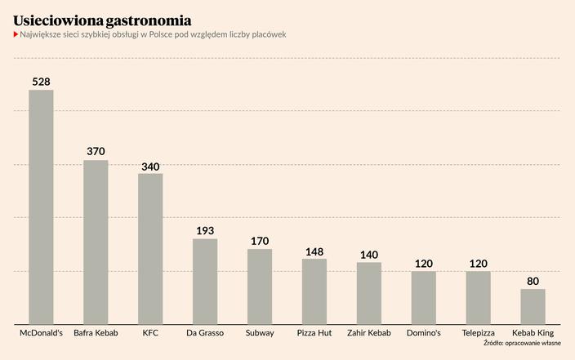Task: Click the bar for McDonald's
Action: point(41,207)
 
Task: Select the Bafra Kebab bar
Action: point(96,242)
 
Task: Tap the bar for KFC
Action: point(150,248)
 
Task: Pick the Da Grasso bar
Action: point(205,281)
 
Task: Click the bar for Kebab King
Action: point(533,306)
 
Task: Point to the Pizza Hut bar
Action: point(314,291)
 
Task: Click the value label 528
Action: point(41,82)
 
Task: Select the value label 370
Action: point(96,152)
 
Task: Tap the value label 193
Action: point(205,230)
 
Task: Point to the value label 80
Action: point(533,281)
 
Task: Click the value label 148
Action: point(314,251)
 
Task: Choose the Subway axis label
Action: point(260,333)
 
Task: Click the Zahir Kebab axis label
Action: point(369,333)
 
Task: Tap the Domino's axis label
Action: point(423,333)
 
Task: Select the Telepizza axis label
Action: point(478,333)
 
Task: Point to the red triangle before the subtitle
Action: point(16,34)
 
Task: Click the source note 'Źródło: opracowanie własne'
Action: point(522,344)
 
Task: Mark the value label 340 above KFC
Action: point(150,167)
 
